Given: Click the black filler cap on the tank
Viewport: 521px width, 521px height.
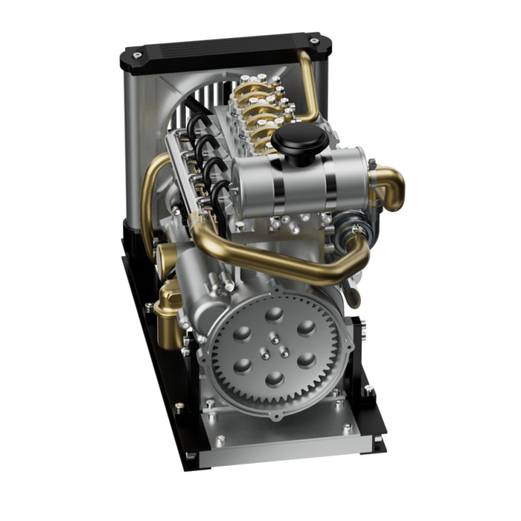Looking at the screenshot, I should click(298, 139).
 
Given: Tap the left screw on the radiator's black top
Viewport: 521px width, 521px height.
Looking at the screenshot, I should click(138, 54).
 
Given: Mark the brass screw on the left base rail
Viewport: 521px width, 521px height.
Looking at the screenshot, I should click(179, 406).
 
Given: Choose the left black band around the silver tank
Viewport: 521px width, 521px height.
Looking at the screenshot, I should click(278, 184).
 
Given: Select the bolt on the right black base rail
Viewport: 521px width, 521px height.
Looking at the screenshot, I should click(368, 389).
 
